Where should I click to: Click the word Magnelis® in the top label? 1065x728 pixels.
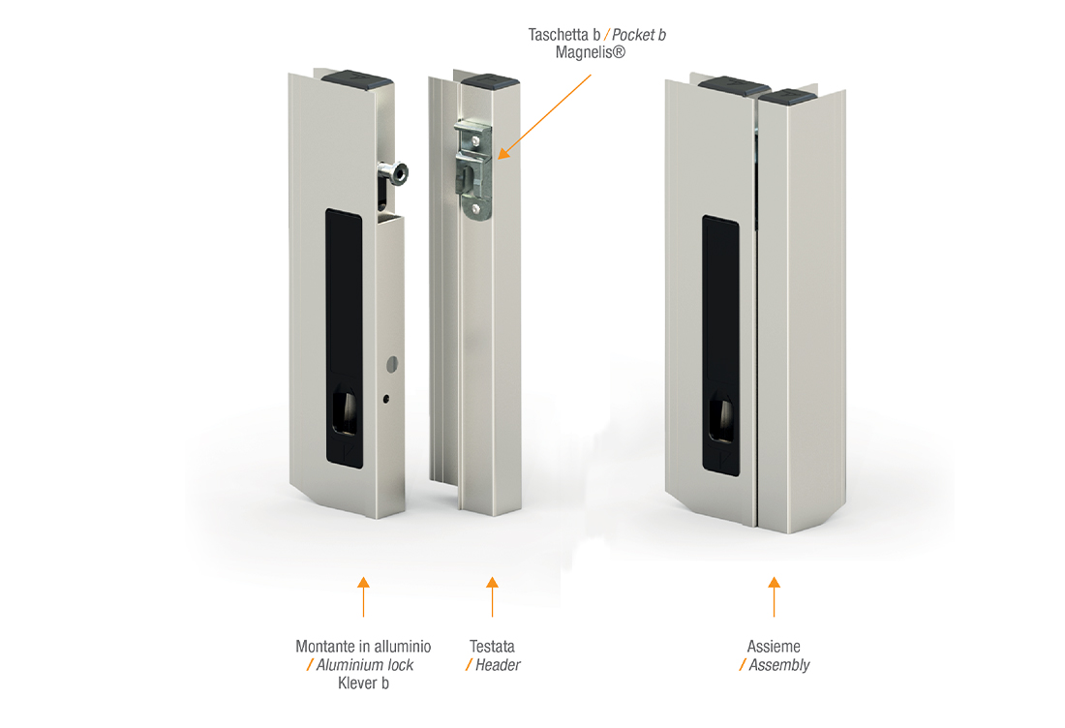pos(590,52)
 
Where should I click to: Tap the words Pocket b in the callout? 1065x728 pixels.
pos(638,35)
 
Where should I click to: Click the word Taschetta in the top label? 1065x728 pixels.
pos(559,35)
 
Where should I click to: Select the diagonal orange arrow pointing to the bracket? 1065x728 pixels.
pos(544,117)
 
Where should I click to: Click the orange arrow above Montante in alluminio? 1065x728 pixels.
pos(363,597)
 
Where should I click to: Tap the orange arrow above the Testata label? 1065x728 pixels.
pos(493,597)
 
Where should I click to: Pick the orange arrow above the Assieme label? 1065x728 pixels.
pos(775,597)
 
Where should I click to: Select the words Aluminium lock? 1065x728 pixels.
pos(365,665)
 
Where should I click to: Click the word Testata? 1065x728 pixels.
pos(492,647)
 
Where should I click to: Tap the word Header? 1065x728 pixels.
pos(498,665)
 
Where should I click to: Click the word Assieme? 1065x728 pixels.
pos(774,647)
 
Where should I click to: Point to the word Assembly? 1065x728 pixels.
pos(779,665)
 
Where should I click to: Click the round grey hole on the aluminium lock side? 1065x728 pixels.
pos(392,365)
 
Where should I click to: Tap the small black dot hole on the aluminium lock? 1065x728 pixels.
pos(385,399)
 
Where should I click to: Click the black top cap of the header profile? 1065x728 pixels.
pos(491,80)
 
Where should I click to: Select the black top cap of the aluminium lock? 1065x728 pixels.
pos(356,78)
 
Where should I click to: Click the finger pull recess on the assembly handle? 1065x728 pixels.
pos(720,420)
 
